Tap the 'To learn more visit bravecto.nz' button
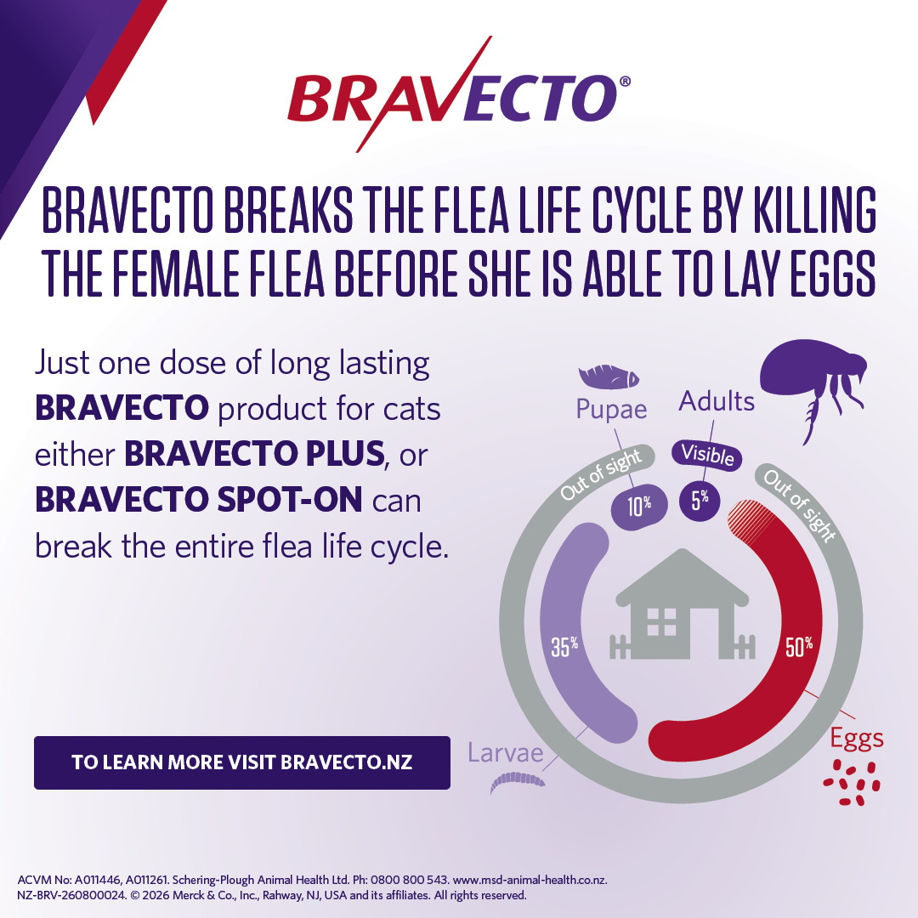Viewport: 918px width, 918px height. [x=241, y=762]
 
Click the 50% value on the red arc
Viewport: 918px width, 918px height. [x=799, y=646]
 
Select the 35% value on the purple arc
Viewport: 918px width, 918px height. [x=564, y=646]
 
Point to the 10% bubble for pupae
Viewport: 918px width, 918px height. [x=638, y=506]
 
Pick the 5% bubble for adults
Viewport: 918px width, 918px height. [x=700, y=500]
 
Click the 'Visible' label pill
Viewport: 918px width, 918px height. [x=707, y=455]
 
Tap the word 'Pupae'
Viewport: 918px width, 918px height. [x=611, y=410]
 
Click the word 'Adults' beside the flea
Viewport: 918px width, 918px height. [x=717, y=401]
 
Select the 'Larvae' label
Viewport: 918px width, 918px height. [x=506, y=753]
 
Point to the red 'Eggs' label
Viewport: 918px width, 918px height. [x=857, y=739]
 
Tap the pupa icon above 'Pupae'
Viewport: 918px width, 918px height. [x=609, y=377]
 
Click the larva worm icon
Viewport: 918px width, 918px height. [x=518, y=782]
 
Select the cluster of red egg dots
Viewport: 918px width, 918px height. [x=852, y=783]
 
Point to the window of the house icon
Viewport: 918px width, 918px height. [x=661, y=621]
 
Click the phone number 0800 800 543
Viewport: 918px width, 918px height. [x=409, y=880]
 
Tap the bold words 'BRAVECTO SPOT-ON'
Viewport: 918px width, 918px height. [x=198, y=500]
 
